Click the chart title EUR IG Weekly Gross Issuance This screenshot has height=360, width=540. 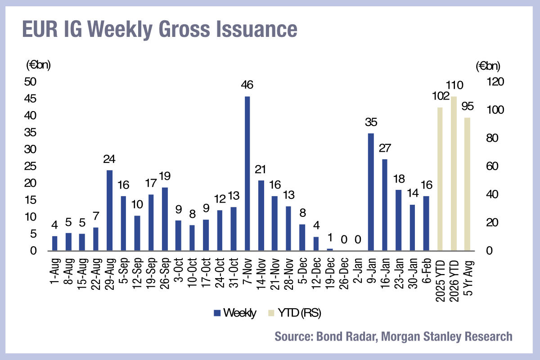159,29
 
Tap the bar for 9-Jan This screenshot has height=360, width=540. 371,192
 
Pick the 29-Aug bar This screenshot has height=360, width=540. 109,210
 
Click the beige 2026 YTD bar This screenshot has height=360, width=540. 454,173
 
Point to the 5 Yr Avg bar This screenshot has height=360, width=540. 468,184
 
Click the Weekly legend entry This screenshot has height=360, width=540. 236,313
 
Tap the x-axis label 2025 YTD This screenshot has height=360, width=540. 440,275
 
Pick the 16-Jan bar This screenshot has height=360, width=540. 385,205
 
